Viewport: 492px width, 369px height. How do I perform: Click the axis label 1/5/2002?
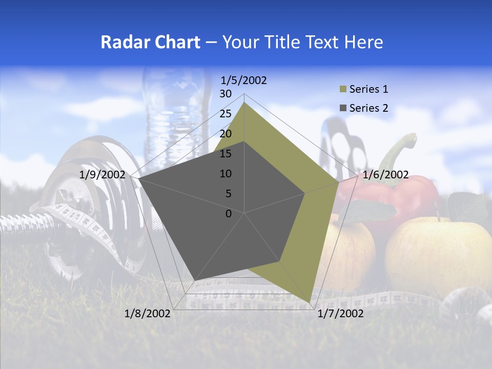click(243, 80)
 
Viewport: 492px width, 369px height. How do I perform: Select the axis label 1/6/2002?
click(385, 175)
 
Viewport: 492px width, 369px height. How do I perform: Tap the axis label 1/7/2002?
click(340, 314)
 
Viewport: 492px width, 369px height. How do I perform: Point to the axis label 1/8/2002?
click(148, 314)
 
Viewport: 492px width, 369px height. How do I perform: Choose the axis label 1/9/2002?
click(102, 175)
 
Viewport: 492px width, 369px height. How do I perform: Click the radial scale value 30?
click(225, 94)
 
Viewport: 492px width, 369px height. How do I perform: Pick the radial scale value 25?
click(225, 114)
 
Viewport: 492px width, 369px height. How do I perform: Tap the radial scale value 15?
click(225, 154)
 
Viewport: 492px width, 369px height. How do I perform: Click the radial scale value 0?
click(229, 214)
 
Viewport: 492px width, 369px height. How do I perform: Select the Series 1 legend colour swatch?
click(343, 90)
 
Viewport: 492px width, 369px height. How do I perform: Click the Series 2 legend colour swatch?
click(343, 108)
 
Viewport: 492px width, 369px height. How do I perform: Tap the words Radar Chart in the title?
click(150, 42)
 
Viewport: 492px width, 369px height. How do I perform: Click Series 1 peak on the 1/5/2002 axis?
click(244, 102)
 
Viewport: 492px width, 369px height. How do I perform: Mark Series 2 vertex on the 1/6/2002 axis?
click(305, 193)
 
